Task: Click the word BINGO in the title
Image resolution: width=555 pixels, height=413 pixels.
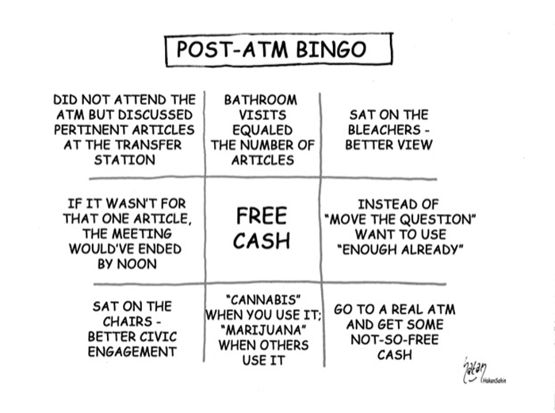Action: tap(331, 49)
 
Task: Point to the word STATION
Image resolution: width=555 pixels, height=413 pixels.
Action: tap(124, 160)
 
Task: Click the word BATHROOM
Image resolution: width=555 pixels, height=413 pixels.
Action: tap(261, 100)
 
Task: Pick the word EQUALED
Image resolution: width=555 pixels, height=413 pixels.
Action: tap(262, 130)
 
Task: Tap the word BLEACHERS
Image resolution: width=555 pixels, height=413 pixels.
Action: tap(385, 130)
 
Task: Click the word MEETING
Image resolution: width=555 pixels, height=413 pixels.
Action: tap(141, 234)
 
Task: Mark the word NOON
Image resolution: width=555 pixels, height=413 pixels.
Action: tap(136, 264)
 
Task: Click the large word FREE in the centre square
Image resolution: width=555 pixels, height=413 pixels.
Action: tap(262, 216)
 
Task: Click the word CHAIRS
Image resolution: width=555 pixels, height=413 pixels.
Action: tap(128, 321)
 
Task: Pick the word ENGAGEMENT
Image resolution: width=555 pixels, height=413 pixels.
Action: tap(132, 352)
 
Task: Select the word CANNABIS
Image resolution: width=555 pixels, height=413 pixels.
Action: tap(263, 300)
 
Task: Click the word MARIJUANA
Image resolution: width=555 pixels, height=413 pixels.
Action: tap(263, 331)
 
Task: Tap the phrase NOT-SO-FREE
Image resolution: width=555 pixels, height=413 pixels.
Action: tap(395, 340)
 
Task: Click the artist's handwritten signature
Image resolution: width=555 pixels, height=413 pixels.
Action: tap(476, 370)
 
